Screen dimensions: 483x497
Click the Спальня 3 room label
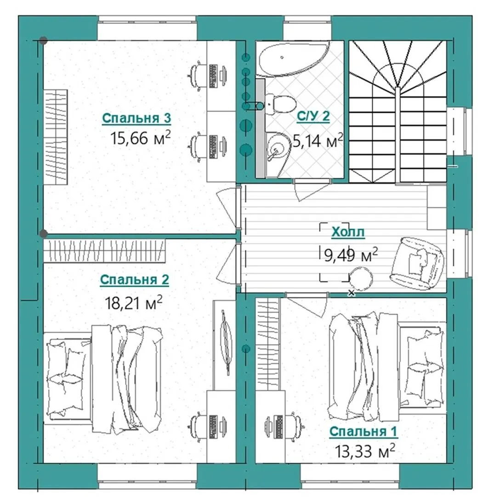pos(136,118)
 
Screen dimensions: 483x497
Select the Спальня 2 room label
pos(135,280)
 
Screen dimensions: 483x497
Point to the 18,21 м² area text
pos(134,302)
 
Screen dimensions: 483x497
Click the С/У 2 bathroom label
pos(313,116)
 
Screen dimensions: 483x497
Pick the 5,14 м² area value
pos(318,140)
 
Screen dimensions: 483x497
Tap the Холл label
pos(348,232)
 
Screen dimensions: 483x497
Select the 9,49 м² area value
pos(351,255)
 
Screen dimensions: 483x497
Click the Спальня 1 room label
pos(363,431)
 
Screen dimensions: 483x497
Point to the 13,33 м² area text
pos(365,451)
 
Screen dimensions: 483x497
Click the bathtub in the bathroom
pos(293,58)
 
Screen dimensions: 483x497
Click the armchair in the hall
pos(417,263)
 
